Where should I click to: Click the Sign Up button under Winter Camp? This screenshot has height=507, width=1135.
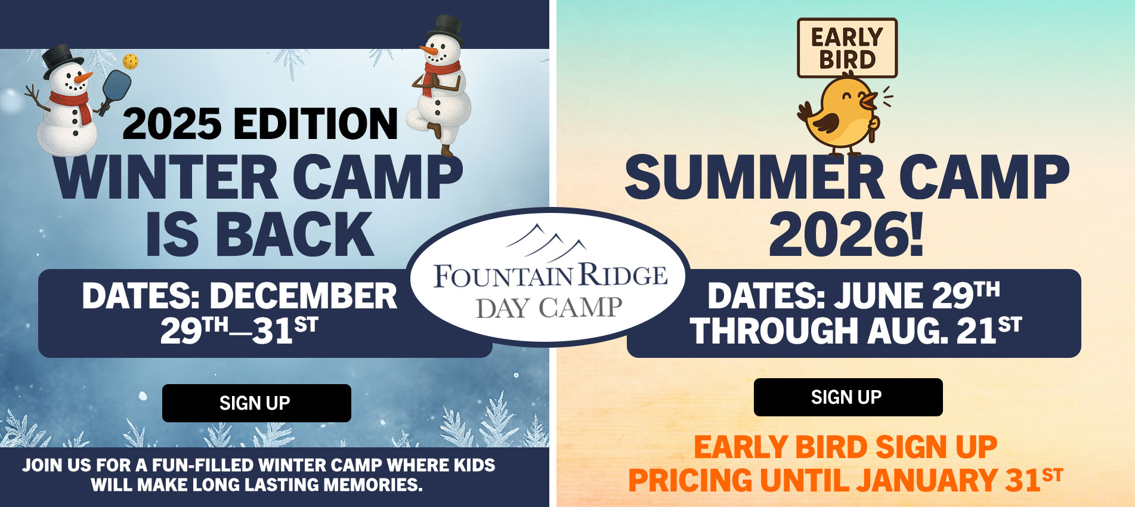[x=256, y=403]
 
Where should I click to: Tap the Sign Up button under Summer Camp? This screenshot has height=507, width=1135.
[x=848, y=397]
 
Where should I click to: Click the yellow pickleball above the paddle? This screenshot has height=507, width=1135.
[x=130, y=61]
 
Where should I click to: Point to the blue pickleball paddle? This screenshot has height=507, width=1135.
[x=116, y=86]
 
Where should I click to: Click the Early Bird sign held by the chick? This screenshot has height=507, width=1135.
[x=847, y=48]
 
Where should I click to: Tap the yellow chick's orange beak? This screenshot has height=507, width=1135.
[x=871, y=98]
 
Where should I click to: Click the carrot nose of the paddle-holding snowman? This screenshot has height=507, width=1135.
[x=85, y=77]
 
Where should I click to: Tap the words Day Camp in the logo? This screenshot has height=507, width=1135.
[x=549, y=308]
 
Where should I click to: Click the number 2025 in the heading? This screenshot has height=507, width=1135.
[x=172, y=124]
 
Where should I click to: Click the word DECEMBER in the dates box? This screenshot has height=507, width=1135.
[x=303, y=296]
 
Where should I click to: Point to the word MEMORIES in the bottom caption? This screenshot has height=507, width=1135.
[x=373, y=485]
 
